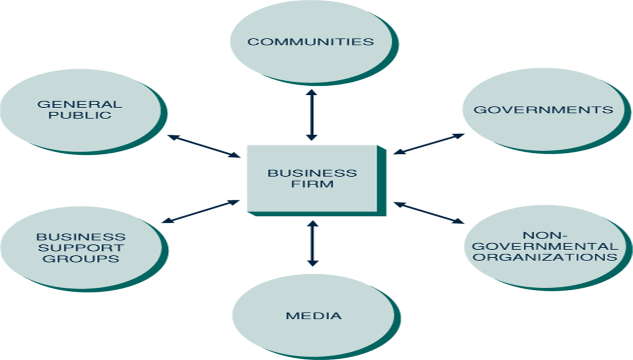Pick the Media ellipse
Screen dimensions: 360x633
click(x=314, y=316)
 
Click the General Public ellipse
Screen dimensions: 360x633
click(x=79, y=110)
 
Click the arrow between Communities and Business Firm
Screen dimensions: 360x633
click(x=311, y=115)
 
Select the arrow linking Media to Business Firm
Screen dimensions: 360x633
click(x=312, y=243)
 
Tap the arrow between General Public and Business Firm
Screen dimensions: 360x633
click(x=204, y=146)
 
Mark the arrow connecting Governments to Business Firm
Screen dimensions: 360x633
click(x=429, y=144)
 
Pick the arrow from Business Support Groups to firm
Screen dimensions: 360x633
click(x=204, y=212)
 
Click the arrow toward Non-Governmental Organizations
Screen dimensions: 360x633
click(x=429, y=212)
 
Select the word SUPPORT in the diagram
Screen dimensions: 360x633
click(x=81, y=248)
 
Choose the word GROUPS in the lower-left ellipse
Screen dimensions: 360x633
click(x=81, y=259)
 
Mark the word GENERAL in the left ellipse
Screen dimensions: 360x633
click(x=79, y=105)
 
